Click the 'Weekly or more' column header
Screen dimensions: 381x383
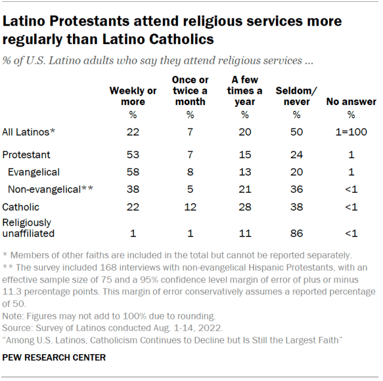click(133, 96)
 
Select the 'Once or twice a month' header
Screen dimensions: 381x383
click(189, 90)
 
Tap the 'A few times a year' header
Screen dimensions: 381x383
click(246, 90)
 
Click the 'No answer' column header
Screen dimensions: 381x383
click(351, 102)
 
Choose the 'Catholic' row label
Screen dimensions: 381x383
click(21, 208)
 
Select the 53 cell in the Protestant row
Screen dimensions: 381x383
click(133, 155)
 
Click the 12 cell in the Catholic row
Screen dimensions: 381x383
click(189, 208)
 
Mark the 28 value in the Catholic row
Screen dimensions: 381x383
click(246, 208)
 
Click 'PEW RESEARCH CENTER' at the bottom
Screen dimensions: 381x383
click(54, 358)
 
